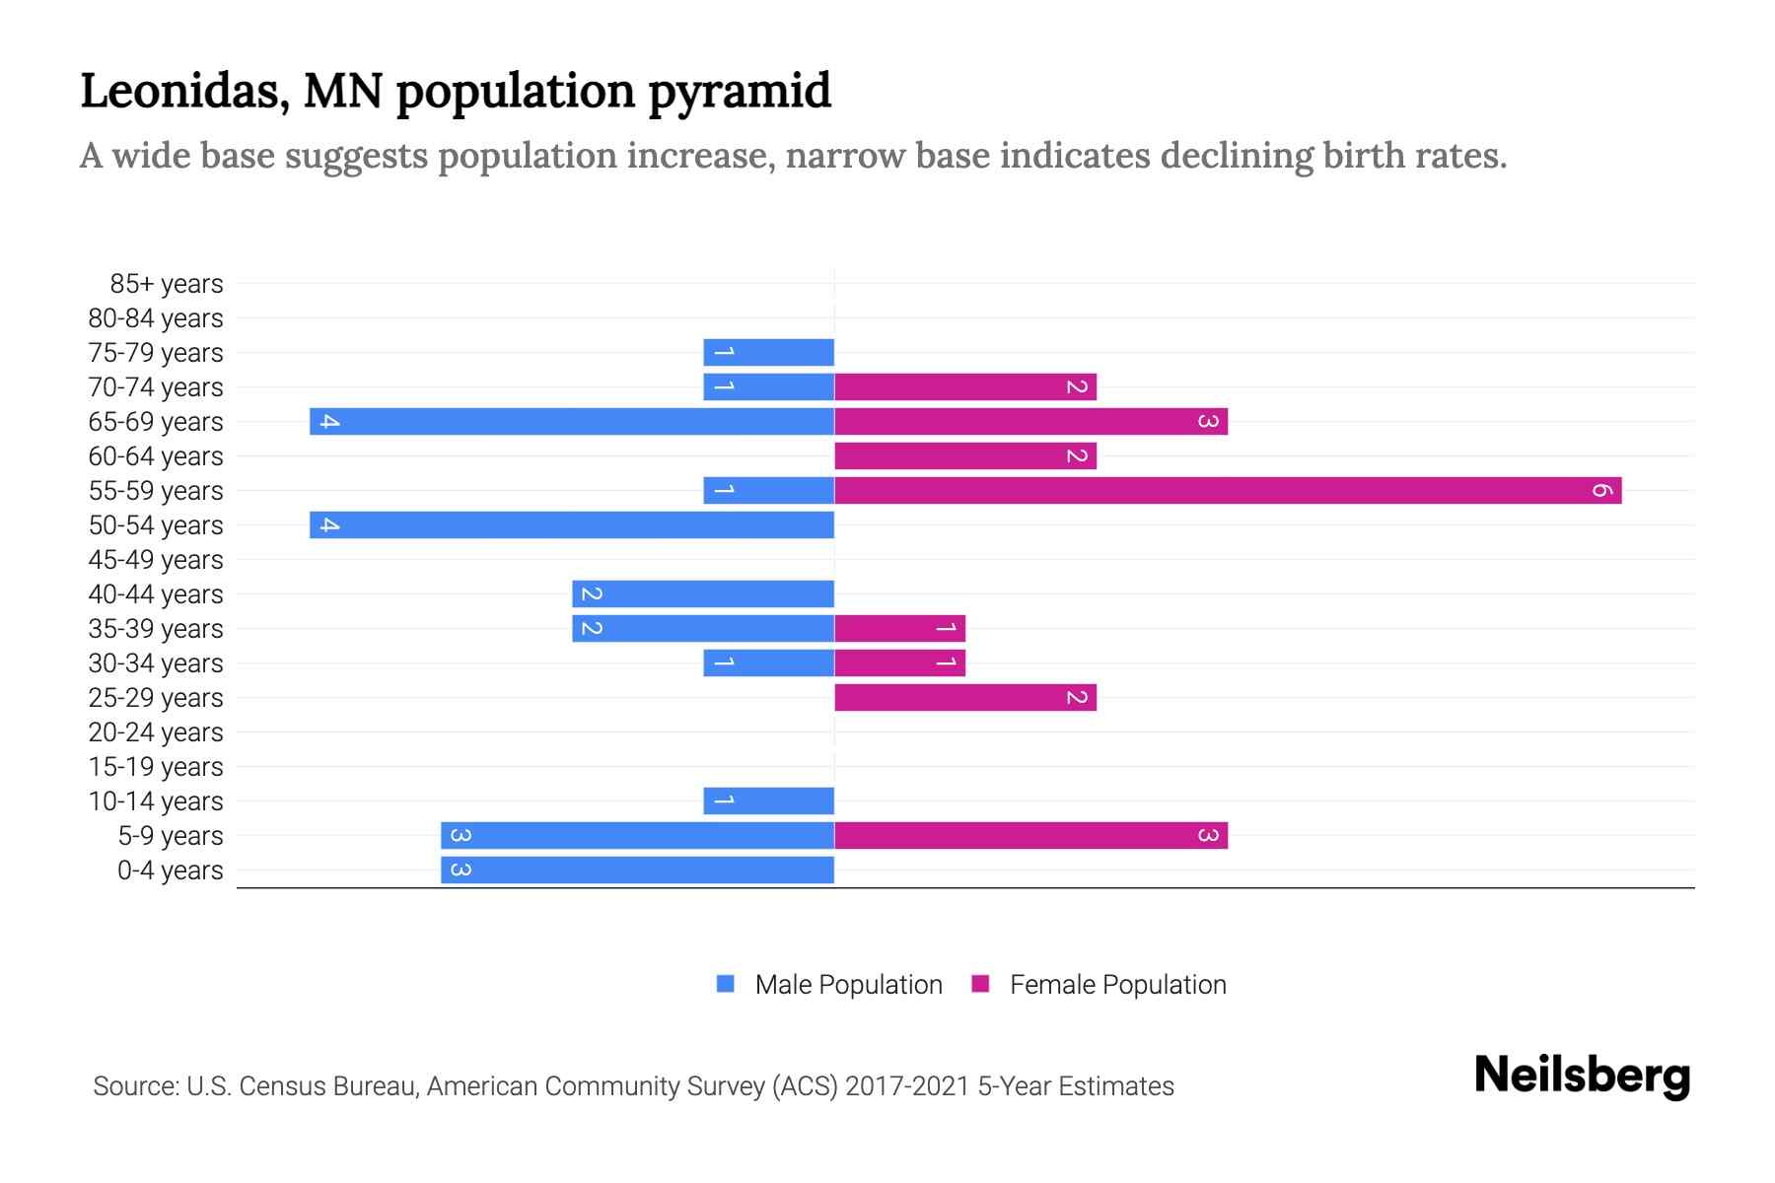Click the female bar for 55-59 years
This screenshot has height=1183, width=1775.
1228,490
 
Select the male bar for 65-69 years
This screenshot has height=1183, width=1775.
572,421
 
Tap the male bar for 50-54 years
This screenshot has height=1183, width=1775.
572,524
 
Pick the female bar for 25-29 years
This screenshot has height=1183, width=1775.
965,697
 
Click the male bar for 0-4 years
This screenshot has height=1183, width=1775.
637,870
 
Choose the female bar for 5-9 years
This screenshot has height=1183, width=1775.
1030,835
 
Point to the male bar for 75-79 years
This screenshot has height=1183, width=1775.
768,352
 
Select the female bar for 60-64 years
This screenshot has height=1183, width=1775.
965,455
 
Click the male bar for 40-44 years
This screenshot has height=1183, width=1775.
703,593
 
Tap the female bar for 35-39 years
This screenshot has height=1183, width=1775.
899,628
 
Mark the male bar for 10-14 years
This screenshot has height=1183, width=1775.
768,800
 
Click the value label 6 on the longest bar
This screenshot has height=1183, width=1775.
1601,490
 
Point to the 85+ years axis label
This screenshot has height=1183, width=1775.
167,284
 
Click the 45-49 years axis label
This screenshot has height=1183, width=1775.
156,560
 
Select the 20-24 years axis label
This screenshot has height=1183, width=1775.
156,732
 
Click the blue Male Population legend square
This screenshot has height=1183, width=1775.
726,984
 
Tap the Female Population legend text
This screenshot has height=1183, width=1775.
1117,985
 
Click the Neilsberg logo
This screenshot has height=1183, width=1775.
1582,1076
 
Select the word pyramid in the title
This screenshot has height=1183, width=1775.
740,91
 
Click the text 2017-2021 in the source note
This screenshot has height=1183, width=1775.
907,1086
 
